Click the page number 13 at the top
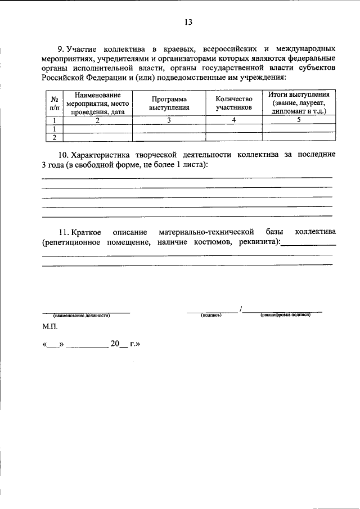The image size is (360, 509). point(188,22)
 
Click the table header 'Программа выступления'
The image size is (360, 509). point(169,102)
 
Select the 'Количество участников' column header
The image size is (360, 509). point(233,102)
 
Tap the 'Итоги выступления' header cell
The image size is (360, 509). point(299,102)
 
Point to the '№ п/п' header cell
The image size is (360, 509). point(54,102)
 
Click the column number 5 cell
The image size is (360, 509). point(299,120)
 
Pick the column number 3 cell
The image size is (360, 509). point(169,120)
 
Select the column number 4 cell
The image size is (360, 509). point(233,120)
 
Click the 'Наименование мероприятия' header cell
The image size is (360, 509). point(97,102)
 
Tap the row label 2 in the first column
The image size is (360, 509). point(54,137)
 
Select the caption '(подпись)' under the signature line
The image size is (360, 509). point(211,316)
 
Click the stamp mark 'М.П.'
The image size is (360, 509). point(49,326)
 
